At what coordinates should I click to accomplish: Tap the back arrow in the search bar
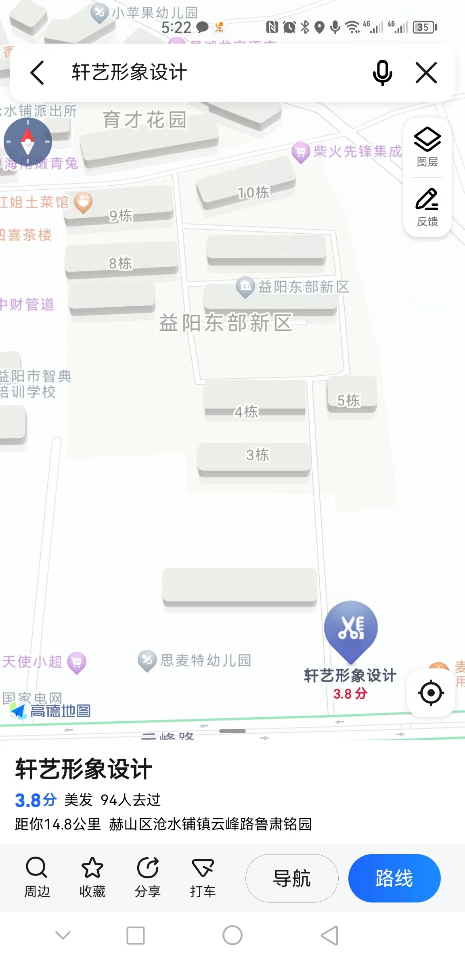(x=37, y=73)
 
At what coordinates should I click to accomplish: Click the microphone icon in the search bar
(x=382, y=73)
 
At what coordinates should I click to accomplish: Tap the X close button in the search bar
(x=426, y=73)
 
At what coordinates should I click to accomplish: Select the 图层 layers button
(x=427, y=147)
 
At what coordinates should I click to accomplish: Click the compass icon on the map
(x=28, y=142)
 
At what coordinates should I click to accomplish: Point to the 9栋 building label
(x=121, y=216)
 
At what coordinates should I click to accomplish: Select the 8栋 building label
(x=120, y=264)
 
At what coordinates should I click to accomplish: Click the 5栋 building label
(x=348, y=400)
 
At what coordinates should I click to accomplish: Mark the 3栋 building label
(x=258, y=455)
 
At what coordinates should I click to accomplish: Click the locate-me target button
(x=431, y=693)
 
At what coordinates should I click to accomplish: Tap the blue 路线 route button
(x=394, y=878)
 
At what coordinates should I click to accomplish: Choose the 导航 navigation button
(x=292, y=878)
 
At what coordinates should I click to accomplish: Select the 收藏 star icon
(x=92, y=868)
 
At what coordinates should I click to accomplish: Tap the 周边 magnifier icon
(x=37, y=868)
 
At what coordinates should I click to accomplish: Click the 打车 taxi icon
(x=203, y=868)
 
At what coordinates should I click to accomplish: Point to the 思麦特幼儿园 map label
(x=205, y=660)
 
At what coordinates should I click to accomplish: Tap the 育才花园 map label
(x=145, y=120)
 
